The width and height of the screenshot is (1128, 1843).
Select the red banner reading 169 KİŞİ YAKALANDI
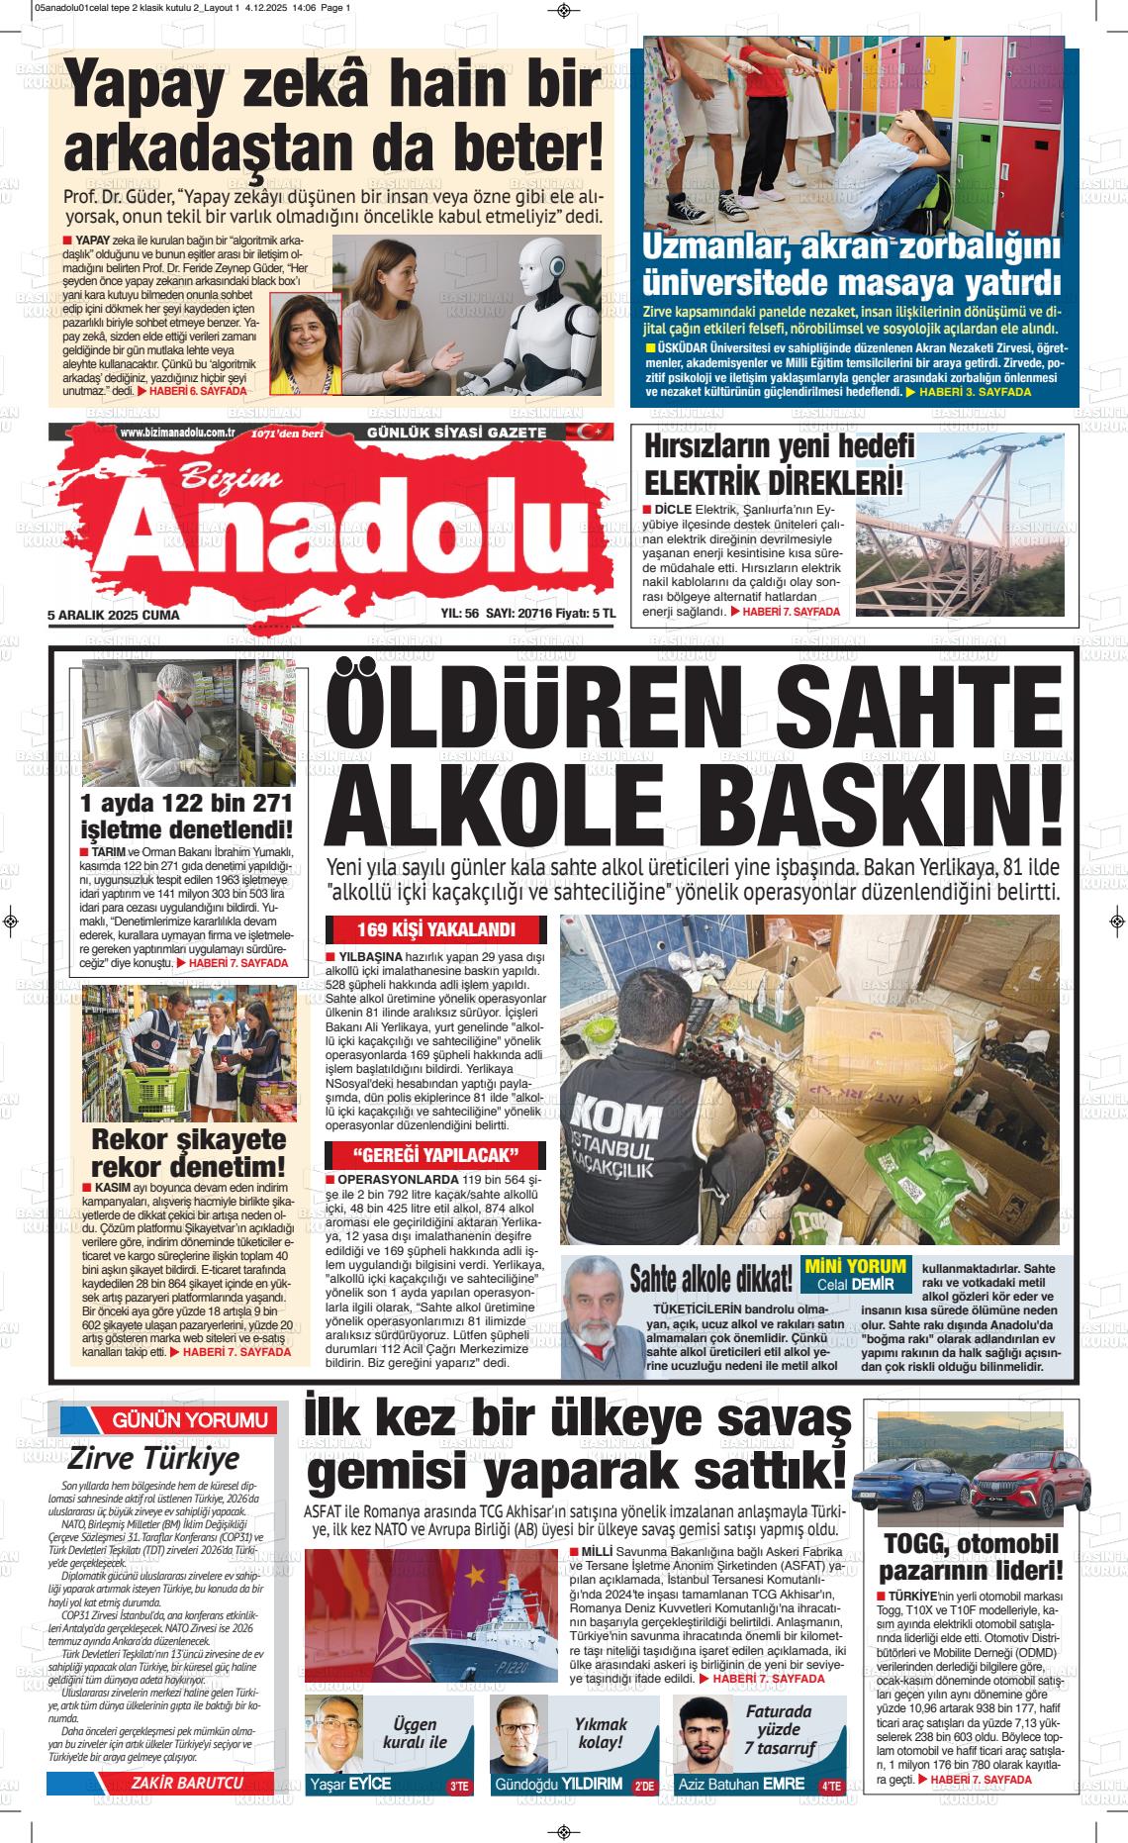pyautogui.click(x=436, y=930)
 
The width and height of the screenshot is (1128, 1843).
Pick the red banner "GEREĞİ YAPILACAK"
pyautogui.click(x=436, y=1155)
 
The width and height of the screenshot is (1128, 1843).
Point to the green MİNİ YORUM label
pyautogui.click(x=856, y=1265)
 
